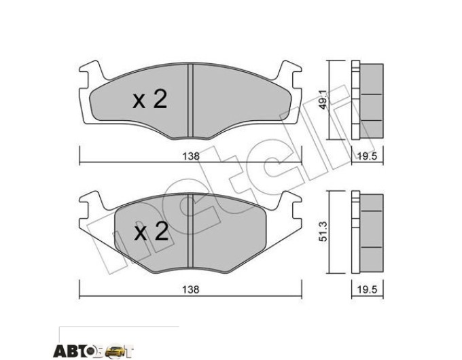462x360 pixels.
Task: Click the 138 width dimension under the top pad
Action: (191, 156)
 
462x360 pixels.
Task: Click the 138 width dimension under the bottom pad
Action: (191, 289)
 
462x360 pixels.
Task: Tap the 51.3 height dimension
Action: (323, 232)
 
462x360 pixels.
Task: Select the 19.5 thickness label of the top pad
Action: (367, 156)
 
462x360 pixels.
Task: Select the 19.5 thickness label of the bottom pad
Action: (367, 289)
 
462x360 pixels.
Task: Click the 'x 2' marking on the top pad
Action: (150, 99)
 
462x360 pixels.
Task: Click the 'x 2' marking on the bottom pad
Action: (152, 231)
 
